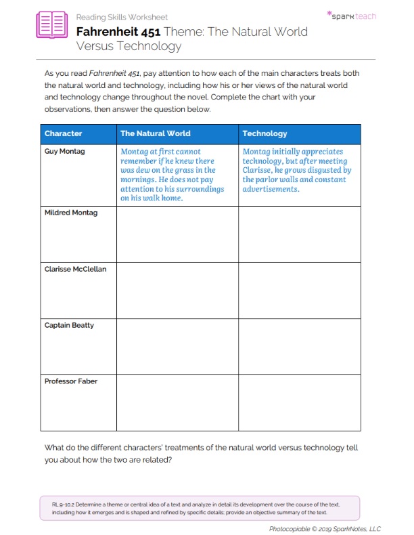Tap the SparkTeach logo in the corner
click(351, 15)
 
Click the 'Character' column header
click(63, 133)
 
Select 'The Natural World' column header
click(155, 133)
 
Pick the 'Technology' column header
click(264, 133)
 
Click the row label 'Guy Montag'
click(64, 152)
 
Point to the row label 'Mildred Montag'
click(70, 213)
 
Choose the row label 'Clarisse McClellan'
click(75, 269)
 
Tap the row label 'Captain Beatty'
click(69, 325)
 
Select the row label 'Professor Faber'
click(70, 381)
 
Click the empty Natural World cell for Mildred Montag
click(177, 234)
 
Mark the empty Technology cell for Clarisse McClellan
click(299, 290)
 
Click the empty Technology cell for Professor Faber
click(299, 402)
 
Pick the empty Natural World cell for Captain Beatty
click(177, 346)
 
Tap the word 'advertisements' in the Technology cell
click(271, 190)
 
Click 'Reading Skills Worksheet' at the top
click(122, 17)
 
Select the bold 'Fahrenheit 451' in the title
click(118, 31)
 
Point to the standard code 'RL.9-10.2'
click(62, 505)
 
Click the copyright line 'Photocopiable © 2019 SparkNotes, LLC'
click(325, 528)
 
